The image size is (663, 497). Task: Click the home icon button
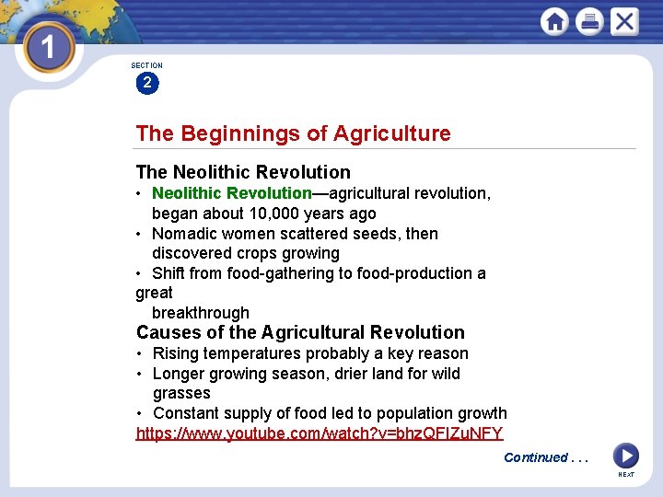point(554,21)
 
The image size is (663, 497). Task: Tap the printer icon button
point(589,21)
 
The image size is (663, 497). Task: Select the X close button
point(624,21)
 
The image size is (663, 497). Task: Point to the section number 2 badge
point(146,83)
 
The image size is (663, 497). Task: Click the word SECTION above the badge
point(146,65)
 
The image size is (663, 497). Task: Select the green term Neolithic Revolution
point(231,193)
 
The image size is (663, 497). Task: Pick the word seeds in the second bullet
point(377,234)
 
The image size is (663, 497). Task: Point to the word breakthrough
point(201,313)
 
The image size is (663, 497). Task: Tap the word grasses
point(181,393)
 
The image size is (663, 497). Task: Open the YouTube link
point(320,433)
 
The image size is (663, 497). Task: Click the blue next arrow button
point(625,456)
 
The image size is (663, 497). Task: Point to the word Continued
point(536,457)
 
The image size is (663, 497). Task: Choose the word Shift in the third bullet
point(169,273)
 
